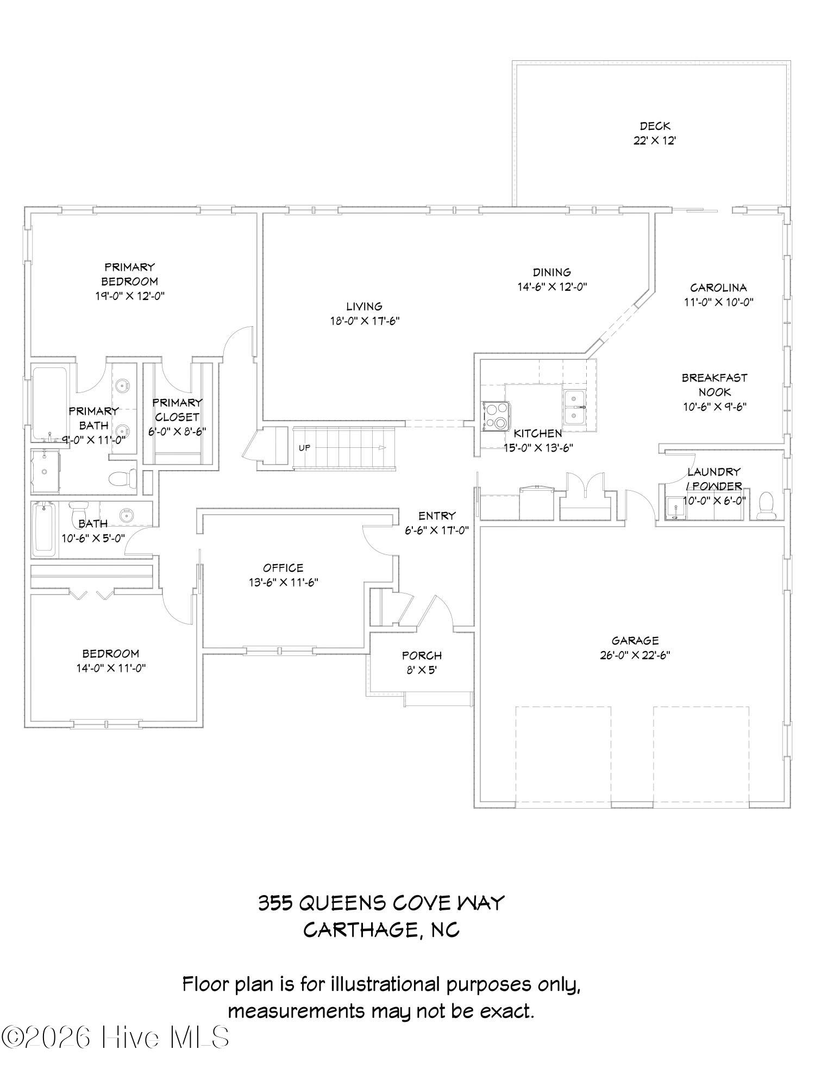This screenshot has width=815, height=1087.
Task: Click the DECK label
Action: point(654,126)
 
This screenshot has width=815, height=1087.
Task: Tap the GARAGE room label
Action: point(635,641)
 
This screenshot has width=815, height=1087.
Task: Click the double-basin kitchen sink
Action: point(574,407)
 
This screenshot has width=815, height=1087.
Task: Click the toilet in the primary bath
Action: point(123,478)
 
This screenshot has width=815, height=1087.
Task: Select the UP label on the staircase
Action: point(304,448)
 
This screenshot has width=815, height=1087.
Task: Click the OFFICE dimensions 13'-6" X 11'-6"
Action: point(283,583)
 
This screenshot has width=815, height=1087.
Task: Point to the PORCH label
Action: point(422,656)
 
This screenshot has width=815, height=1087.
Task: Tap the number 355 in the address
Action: point(275,903)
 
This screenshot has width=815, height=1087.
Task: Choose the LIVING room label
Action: point(364,307)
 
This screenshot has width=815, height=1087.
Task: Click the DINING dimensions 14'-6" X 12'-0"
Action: point(552,286)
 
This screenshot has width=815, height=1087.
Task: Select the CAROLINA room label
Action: point(718,288)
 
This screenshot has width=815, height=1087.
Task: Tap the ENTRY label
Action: point(436,516)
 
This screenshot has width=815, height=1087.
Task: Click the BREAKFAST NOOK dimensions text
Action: point(714,407)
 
